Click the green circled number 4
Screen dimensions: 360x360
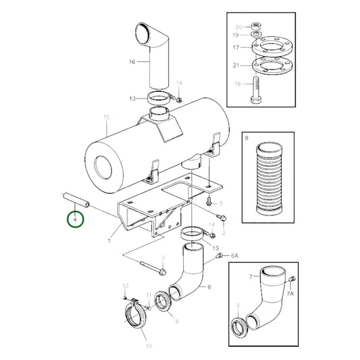75,220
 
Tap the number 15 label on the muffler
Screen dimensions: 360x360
106,118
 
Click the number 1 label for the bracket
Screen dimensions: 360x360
109,239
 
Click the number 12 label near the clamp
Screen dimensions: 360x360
124,287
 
